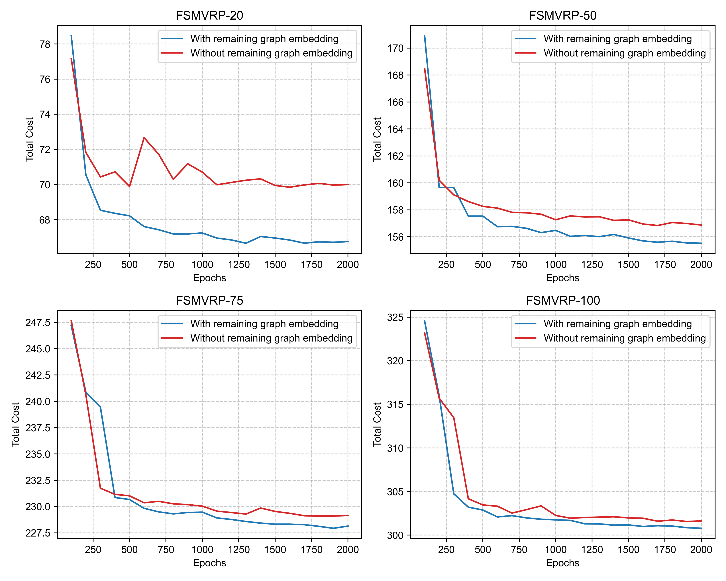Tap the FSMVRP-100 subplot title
(563, 300)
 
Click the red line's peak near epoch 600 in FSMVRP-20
(144, 137)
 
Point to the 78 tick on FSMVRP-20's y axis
(45, 44)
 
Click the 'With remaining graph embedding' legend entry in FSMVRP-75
(264, 324)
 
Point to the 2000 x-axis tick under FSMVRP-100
(701, 550)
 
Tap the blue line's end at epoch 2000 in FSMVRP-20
(348, 241)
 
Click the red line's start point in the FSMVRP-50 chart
(425, 68)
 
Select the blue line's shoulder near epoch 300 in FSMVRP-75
(100, 407)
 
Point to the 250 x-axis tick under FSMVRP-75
(93, 550)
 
